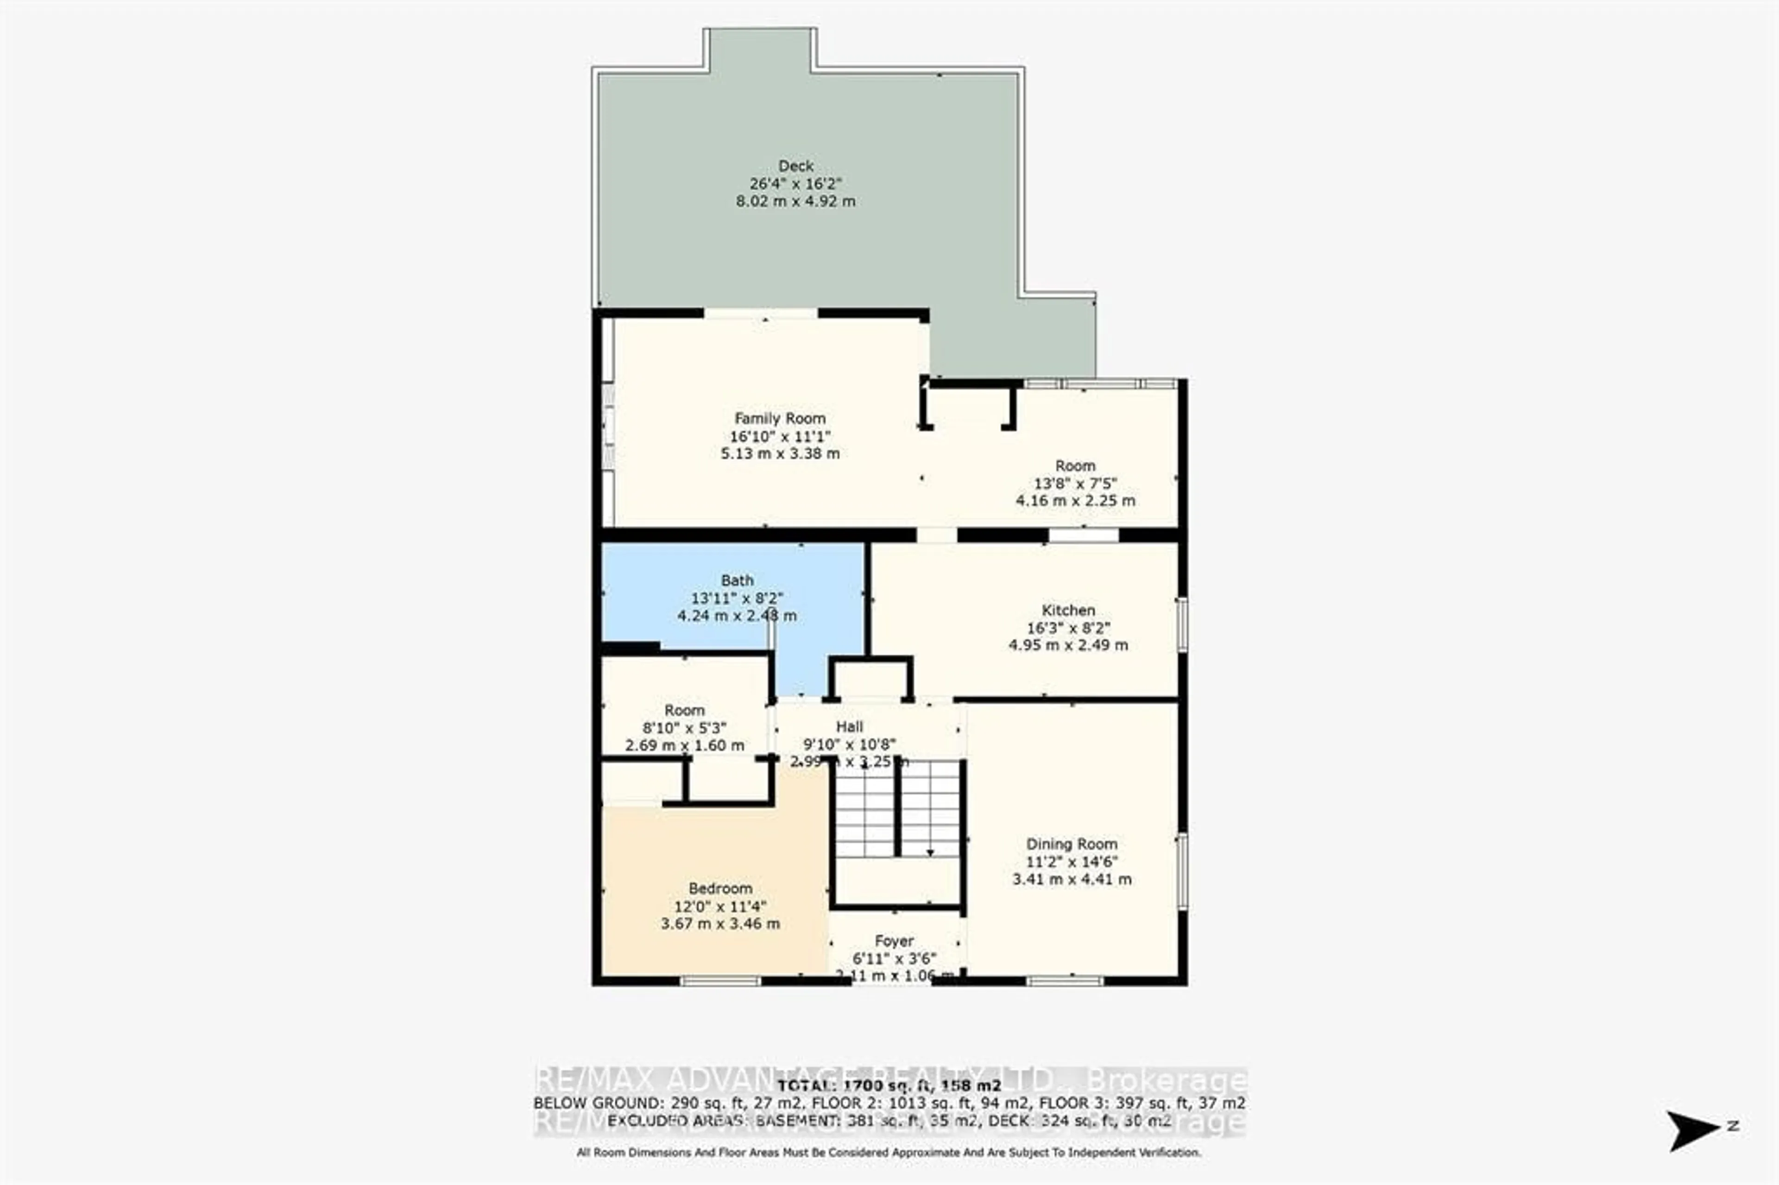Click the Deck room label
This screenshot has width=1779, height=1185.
(796, 165)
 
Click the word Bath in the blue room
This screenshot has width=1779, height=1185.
(737, 580)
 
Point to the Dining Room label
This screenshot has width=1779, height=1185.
(1071, 844)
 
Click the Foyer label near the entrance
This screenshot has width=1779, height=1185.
(894, 941)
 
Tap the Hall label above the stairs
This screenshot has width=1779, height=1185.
(850, 727)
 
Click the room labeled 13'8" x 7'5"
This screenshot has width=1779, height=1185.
(1075, 483)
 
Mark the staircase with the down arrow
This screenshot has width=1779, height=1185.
(898, 809)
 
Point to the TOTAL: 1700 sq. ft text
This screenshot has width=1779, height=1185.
(889, 1086)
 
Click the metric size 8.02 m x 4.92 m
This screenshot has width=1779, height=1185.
(796, 201)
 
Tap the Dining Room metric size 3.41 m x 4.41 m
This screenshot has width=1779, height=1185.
(1072, 879)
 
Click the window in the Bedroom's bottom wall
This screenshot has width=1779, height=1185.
(720, 981)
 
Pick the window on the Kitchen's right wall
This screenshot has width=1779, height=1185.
(1182, 624)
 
